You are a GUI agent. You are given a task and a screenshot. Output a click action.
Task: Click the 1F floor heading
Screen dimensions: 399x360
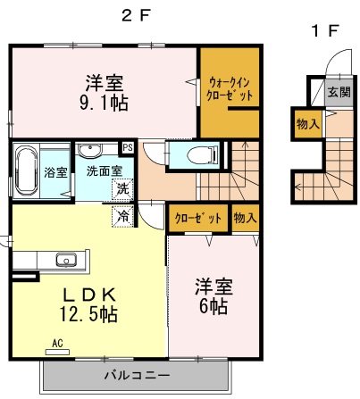click(x=324, y=31)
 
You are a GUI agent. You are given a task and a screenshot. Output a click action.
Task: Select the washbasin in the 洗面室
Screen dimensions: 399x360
click(x=90, y=150)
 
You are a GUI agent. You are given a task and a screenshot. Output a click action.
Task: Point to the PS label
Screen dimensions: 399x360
click(x=128, y=148)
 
